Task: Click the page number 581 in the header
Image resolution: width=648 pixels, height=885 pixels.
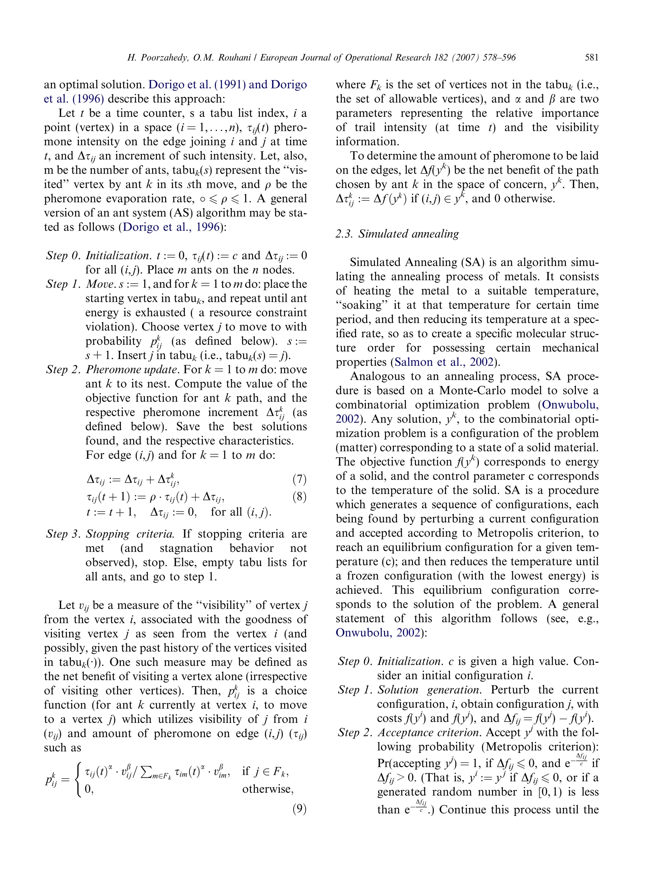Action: click(591, 58)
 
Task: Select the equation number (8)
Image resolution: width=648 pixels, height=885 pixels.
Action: click(299, 497)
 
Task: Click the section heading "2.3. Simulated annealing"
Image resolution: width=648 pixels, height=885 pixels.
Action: click(397, 234)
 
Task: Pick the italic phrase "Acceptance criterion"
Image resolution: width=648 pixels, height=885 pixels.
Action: click(429, 733)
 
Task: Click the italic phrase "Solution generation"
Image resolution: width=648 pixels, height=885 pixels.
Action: click(429, 690)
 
